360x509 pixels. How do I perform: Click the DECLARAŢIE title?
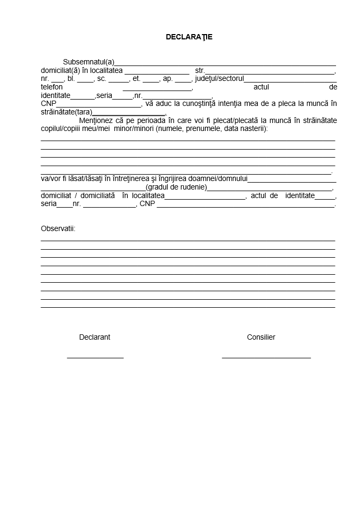point(189,37)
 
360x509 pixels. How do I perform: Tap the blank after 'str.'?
point(269,72)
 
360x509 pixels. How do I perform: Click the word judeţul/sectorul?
point(219,79)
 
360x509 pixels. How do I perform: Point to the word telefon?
point(52,87)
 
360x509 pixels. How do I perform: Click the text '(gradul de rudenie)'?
point(176,187)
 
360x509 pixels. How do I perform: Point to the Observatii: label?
point(58,228)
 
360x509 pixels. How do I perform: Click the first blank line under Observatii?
point(187,240)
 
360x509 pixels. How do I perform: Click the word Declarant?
point(95,337)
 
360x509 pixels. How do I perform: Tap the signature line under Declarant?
point(95,358)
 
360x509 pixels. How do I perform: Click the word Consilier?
point(261,337)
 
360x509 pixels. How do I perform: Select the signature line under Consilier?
point(266,358)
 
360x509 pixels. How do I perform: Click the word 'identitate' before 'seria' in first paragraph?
point(55,96)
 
